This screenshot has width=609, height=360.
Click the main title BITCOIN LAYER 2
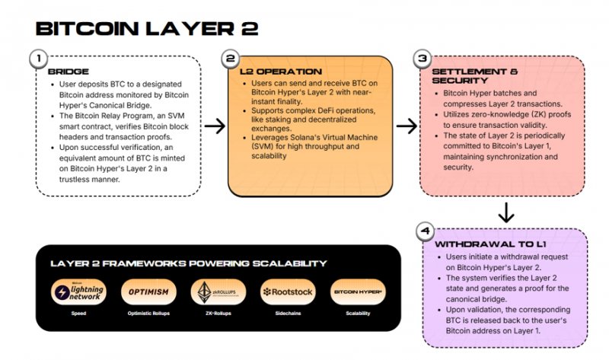(x=148, y=28)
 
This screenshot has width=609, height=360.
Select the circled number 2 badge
(x=229, y=59)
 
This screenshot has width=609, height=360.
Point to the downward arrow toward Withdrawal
(x=505, y=212)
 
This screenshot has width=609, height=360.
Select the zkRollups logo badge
(x=217, y=292)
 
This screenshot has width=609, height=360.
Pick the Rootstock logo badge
(x=288, y=292)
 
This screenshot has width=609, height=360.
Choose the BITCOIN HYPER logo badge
(x=358, y=292)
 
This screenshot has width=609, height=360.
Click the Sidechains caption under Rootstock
(x=288, y=312)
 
